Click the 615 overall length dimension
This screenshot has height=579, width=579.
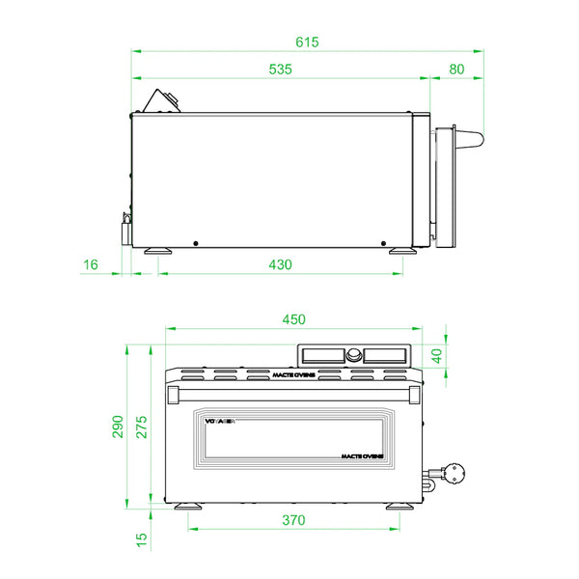click(x=307, y=41)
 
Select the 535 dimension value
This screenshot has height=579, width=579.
click(x=280, y=69)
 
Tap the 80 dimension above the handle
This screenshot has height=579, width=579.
click(x=456, y=69)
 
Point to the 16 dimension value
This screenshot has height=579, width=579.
click(x=91, y=264)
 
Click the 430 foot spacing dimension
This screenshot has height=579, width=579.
click(x=280, y=264)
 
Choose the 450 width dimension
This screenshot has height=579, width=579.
click(x=293, y=319)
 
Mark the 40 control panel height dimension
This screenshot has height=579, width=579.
click(x=435, y=355)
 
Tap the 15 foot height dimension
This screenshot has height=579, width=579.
click(x=143, y=539)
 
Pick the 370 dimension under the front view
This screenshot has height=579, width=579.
click(x=293, y=520)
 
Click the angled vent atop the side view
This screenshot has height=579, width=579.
click(x=161, y=100)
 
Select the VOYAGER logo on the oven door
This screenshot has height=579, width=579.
click(x=221, y=421)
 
